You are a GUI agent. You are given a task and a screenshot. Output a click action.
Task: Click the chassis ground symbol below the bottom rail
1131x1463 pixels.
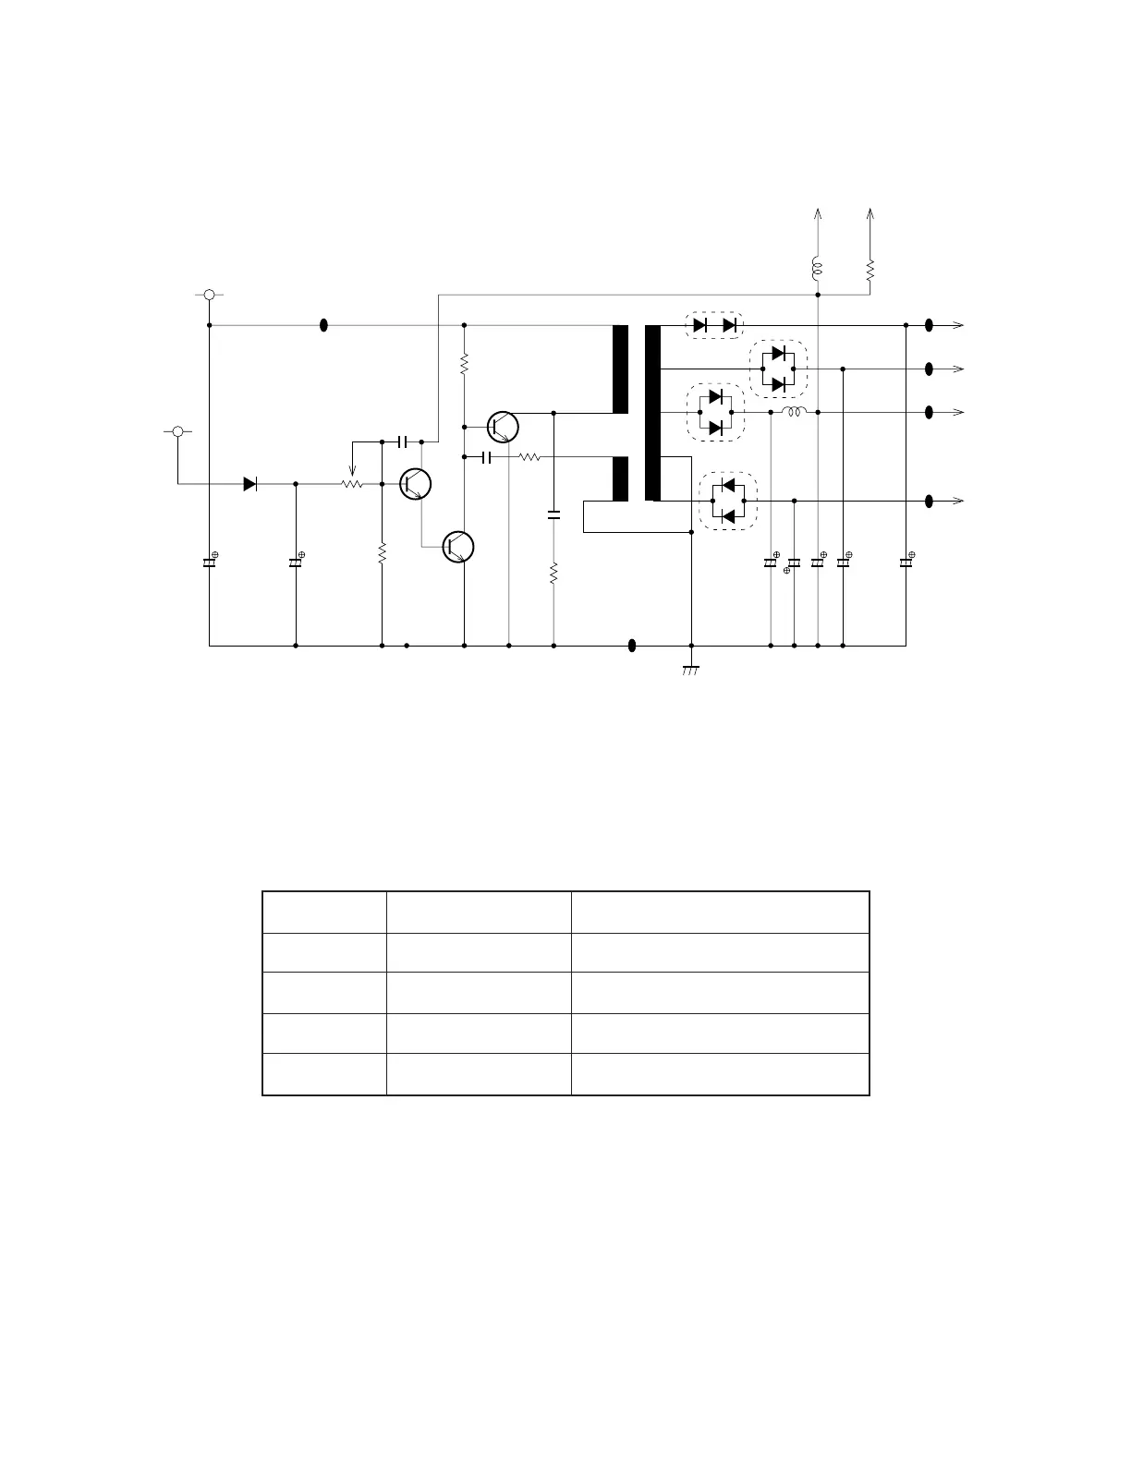[691, 669]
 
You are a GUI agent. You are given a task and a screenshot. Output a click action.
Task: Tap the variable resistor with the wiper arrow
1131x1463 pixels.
[351, 482]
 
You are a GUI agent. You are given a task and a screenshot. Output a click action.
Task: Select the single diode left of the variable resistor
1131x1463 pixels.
[249, 483]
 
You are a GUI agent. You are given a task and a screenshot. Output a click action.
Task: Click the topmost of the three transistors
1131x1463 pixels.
[503, 427]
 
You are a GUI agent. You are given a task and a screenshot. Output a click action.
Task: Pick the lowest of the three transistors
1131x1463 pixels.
[458, 547]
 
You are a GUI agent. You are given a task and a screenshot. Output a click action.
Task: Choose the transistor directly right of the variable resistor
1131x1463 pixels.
[416, 483]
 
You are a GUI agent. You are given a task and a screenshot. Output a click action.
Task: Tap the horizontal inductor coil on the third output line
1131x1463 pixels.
[794, 412]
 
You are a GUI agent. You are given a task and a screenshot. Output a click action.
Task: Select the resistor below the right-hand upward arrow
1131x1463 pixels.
[870, 270]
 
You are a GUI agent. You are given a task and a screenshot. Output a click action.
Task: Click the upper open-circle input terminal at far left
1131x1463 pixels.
[210, 295]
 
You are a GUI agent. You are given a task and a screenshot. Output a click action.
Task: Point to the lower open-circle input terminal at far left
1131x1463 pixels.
[177, 431]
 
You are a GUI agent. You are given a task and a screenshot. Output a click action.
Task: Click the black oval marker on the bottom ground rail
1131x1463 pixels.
[632, 646]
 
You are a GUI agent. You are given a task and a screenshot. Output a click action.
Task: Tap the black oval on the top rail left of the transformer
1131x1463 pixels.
[323, 325]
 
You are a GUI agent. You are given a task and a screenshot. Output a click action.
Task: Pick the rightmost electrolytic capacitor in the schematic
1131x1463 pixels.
[906, 562]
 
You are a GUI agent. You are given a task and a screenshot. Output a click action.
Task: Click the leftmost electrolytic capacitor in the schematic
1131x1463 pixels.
[209, 562]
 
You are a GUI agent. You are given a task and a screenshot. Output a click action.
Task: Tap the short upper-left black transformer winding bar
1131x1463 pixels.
[620, 369]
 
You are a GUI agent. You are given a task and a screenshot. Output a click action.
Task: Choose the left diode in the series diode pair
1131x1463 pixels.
[699, 325]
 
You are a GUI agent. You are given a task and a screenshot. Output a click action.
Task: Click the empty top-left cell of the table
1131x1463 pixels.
[324, 912]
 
